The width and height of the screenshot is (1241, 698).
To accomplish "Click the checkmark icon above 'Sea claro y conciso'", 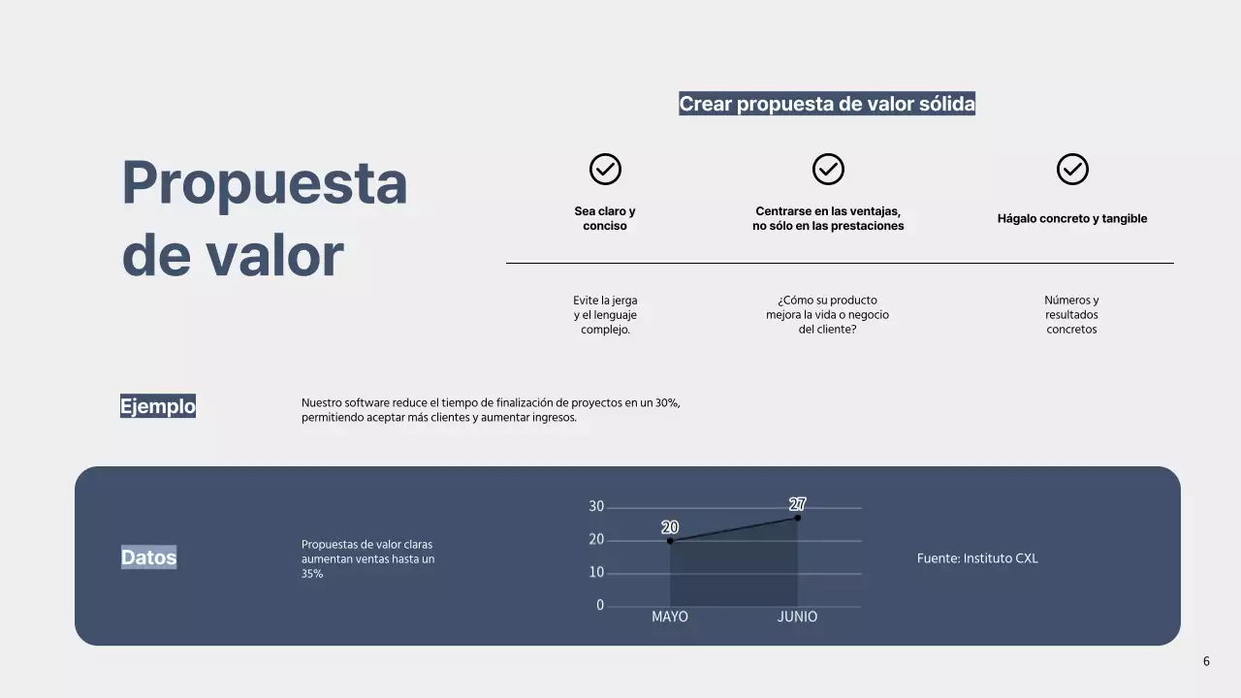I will pos(605,170).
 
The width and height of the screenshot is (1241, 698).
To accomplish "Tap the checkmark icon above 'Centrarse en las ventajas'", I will pos(828,170).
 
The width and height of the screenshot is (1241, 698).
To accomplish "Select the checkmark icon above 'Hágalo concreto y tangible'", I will pos(1072,170).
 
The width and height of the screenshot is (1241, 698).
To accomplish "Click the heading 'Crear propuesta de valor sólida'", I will pos(827,104).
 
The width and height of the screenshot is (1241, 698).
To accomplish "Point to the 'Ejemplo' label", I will pos(158,406).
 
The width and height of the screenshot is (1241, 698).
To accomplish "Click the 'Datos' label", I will pos(149,557).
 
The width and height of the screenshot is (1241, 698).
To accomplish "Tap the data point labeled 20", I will pos(670,541).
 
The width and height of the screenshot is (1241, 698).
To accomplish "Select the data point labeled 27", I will pos(798,518).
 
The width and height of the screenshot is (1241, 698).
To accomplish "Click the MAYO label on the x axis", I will pos(670,617).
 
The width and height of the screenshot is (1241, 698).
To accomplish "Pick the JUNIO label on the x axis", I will pos(797,617).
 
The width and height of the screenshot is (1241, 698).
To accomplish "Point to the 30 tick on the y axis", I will pos(596,507).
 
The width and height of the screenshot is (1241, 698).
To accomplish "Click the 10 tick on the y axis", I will pos(596,573).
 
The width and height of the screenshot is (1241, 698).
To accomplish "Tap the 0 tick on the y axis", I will pos(600,605).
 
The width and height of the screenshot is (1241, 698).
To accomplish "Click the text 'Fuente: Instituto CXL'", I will pos(977,558).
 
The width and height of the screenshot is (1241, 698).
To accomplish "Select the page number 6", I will pos(1206,661).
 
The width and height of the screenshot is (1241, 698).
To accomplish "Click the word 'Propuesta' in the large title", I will pos(264,182).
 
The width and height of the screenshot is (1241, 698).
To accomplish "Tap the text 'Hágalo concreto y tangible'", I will pos(1072,218).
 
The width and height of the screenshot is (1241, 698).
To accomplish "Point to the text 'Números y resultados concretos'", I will pos(1071,315).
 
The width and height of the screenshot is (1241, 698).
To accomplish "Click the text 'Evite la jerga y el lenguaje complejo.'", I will pos(605,315).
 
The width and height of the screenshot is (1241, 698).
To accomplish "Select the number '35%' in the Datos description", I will pos(312,574).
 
